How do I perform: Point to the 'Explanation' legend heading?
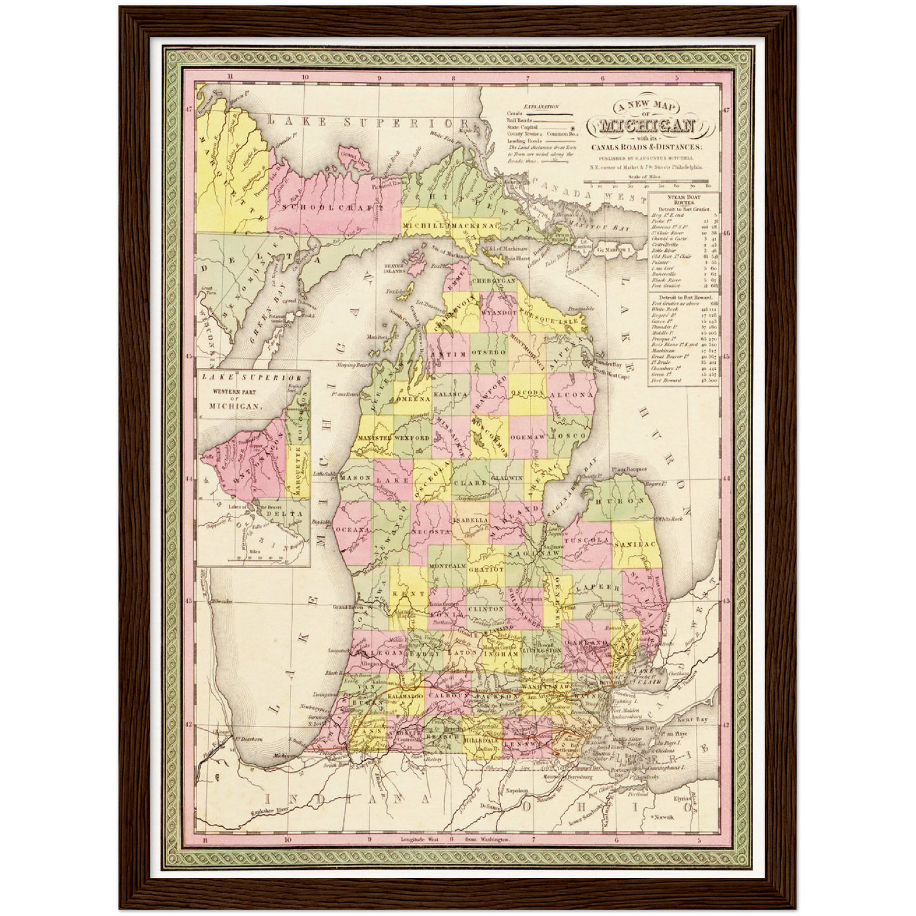(x=541, y=108)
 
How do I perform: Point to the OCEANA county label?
(x=352, y=529)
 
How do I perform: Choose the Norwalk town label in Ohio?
(x=682, y=817)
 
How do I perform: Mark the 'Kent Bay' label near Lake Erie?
(x=692, y=720)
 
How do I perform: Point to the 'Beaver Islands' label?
(x=394, y=268)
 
